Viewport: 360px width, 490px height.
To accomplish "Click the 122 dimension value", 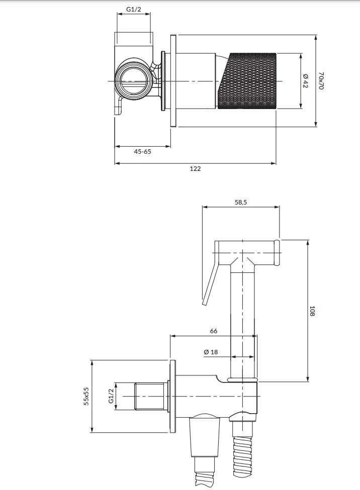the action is [195, 169].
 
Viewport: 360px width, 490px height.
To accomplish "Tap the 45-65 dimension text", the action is [143, 152].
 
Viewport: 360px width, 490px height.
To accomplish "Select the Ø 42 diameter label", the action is [306, 81].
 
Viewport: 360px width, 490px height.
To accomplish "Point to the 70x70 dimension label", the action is [321, 81].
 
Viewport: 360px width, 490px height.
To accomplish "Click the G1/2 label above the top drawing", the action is [134, 10].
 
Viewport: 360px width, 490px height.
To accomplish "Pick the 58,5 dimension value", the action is [241, 203].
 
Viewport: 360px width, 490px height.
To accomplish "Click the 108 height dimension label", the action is [312, 311].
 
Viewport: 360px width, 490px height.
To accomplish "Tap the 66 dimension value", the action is [213, 331].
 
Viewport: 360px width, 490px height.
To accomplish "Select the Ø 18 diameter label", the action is [211, 352].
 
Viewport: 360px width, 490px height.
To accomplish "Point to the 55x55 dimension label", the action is [86, 396].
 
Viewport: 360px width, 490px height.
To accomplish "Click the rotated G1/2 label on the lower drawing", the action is [111, 396].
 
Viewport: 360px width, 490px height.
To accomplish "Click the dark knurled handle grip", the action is [247, 81].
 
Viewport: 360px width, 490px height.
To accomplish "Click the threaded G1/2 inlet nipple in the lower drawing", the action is [150, 396].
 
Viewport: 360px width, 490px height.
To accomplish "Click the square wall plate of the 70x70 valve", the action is [173, 81].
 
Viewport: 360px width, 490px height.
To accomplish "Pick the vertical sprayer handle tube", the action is [243, 322].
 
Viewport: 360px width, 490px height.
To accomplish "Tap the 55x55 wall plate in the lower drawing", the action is [172, 396].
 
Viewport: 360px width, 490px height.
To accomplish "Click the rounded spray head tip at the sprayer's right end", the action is [277, 253].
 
